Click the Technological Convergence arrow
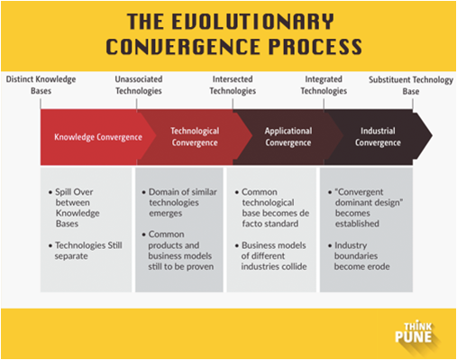[195, 137]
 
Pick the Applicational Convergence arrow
[288, 137]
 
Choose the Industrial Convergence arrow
[378, 137]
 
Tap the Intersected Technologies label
[233, 86]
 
